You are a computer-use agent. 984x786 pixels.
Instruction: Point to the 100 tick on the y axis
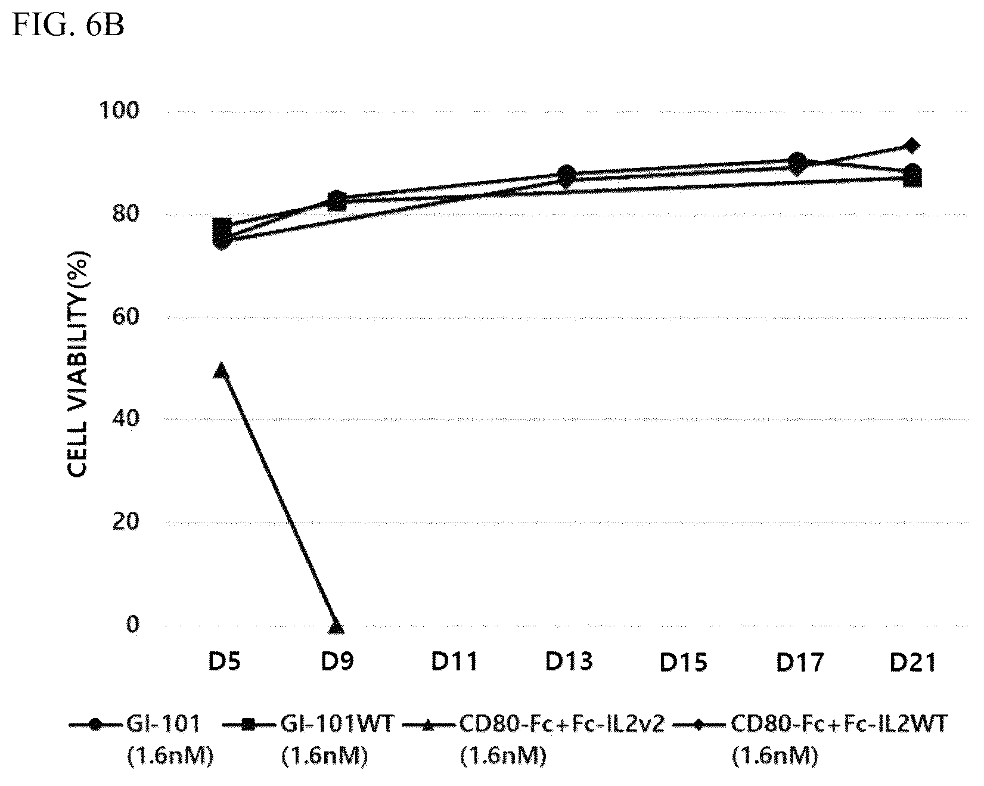tap(122, 110)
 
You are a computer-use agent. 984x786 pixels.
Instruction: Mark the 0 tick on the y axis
tap(132, 625)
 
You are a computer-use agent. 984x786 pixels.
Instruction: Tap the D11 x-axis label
tap(455, 662)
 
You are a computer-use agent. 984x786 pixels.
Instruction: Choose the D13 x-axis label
tap(569, 662)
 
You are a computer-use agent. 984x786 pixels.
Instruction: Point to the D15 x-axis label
tap(684, 662)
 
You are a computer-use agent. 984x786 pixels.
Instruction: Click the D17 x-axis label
tap(799, 662)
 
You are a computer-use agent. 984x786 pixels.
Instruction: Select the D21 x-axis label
tap(913, 662)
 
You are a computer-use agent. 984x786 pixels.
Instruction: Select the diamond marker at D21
tap(911, 145)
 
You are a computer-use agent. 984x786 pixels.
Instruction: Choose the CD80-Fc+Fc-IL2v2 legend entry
tap(534, 740)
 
